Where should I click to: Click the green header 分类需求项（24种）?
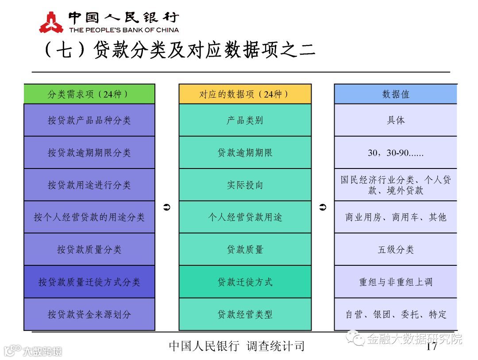pos(89,94)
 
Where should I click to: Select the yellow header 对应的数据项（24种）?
pos(245,94)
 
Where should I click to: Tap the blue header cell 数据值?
pos(395,94)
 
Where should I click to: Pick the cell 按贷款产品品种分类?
pos(89,120)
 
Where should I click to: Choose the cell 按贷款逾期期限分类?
pos(89,153)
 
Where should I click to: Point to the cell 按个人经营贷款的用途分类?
pos(89,217)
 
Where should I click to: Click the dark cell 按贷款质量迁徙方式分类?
pos(89,282)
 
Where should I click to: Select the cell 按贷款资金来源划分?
pos(89,314)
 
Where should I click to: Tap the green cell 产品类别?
pos(245,120)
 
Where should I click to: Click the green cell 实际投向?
pos(245,185)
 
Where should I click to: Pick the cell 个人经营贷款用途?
pos(245,217)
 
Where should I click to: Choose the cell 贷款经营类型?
pos(245,314)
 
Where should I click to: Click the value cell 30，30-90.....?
pos(395,153)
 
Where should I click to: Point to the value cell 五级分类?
pos(395,249)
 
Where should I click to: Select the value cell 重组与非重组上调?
pos(395,282)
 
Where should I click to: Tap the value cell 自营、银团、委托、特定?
pos(395,314)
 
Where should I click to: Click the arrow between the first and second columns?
pos(167,207)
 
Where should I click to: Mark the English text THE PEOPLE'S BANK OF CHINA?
pos(124,30)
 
